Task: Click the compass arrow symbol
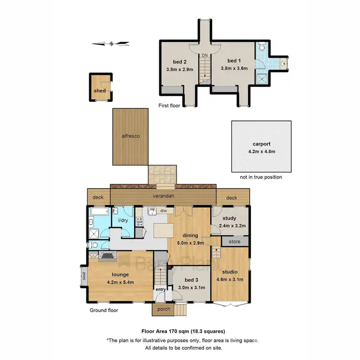111,44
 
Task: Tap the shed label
99,91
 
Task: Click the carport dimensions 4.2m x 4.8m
261,151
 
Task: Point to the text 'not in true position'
261,177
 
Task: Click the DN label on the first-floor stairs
204,56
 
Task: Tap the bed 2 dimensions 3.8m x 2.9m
180,69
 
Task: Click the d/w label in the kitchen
163,211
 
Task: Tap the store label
234,241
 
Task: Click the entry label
159,289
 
